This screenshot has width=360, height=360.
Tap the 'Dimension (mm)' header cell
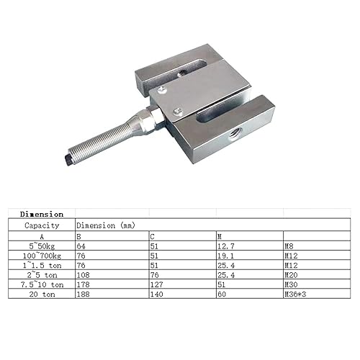pos(105,224)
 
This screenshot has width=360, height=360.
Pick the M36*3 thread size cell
pos(295,294)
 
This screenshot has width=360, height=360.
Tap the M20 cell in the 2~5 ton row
pos(292,274)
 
